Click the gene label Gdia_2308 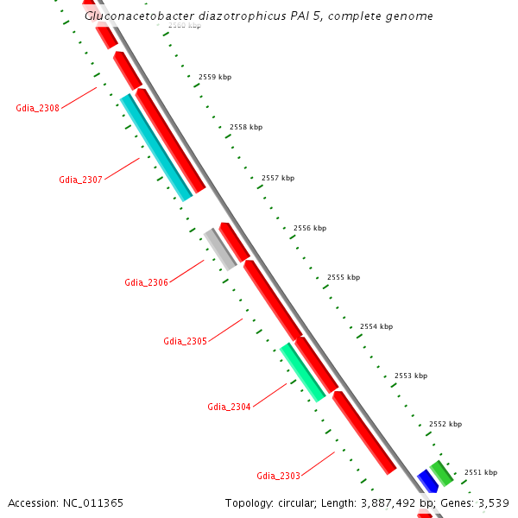[x=37, y=108]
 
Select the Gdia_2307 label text [x=80, y=180]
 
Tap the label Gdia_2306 [x=146, y=282]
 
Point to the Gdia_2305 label [x=185, y=341]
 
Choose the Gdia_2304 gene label [x=229, y=407]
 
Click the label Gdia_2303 [x=278, y=476]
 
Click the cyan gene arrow [x=156, y=148]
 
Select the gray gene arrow [x=220, y=249]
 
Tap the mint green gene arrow [x=302, y=372]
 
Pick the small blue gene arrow [x=427, y=482]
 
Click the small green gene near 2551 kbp [x=441, y=472]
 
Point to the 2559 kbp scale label [x=215, y=77]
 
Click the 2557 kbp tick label [x=277, y=178]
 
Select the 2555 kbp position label [x=343, y=277]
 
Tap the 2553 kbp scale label [x=410, y=376]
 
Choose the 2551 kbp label [x=480, y=472]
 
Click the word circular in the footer [x=299, y=502]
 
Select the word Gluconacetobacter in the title [x=138, y=16]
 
